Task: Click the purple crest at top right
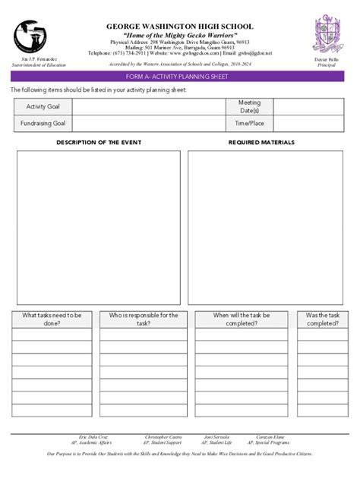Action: click(x=327, y=35)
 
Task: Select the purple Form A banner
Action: click(x=179, y=76)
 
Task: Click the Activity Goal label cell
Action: click(x=43, y=107)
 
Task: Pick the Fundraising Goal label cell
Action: click(x=43, y=124)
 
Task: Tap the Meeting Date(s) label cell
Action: click(x=248, y=107)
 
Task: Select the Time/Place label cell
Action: click(x=248, y=124)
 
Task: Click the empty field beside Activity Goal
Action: click(x=148, y=107)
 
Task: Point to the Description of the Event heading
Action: click(x=99, y=143)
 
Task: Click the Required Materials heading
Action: click(x=261, y=143)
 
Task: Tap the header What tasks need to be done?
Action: click(x=52, y=319)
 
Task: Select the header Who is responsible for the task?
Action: click(x=144, y=319)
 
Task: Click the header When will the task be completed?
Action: click(x=241, y=319)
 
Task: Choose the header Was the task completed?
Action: click(x=322, y=319)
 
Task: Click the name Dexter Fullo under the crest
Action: click(x=327, y=60)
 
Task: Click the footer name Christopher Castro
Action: click(x=163, y=438)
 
